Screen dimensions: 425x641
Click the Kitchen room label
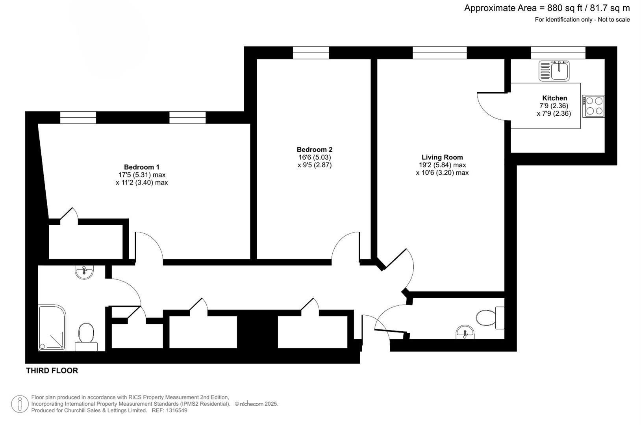pyautogui.click(x=554, y=98)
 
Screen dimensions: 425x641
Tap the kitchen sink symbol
pyautogui.click(x=554, y=71)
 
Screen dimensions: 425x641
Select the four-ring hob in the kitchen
pyautogui.click(x=594, y=106)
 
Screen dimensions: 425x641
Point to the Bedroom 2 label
pyautogui.click(x=315, y=150)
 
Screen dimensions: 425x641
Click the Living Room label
pyautogui.click(x=442, y=157)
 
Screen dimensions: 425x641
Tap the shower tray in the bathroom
pyautogui.click(x=52, y=327)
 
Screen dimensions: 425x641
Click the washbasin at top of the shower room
pyautogui.click(x=84, y=272)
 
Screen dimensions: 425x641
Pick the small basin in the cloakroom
pyautogui.click(x=465, y=333)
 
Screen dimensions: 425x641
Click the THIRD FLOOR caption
pyautogui.click(x=52, y=371)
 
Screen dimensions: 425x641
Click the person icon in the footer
pyautogui.click(x=20, y=404)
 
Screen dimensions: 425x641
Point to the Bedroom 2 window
pyautogui.click(x=311, y=53)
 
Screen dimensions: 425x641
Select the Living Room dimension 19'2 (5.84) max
pyautogui.click(x=442, y=165)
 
